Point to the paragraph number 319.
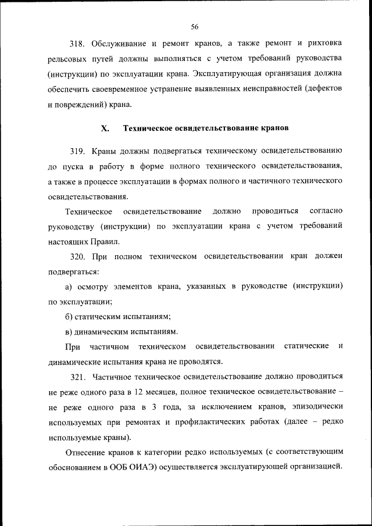click(x=78, y=152)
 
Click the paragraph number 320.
click(x=78, y=256)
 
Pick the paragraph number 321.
click(x=78, y=377)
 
